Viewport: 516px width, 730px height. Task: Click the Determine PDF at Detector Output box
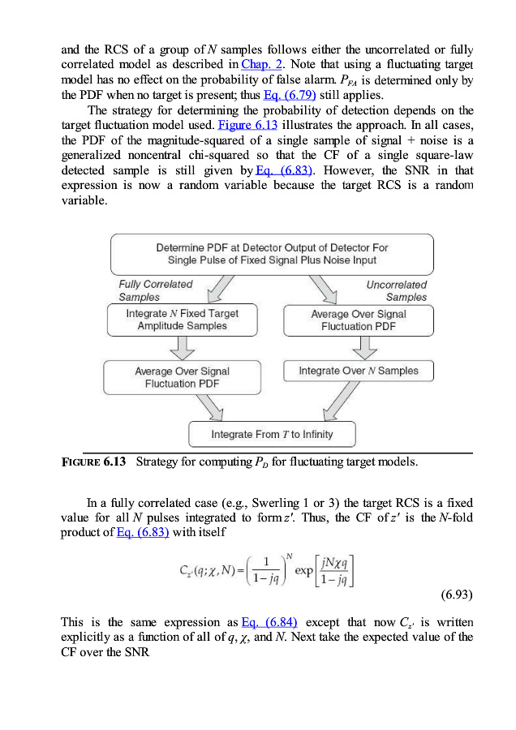pyautogui.click(x=272, y=254)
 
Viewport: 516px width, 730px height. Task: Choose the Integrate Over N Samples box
pyautogui.click(x=359, y=371)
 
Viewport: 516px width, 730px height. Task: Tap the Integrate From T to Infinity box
pyautogui.click(x=272, y=434)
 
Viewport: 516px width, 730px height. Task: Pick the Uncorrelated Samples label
pyautogui.click(x=397, y=290)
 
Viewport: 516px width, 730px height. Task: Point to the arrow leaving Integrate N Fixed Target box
pyautogui.click(x=185, y=348)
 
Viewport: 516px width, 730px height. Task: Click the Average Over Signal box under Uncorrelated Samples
pyautogui.click(x=359, y=320)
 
